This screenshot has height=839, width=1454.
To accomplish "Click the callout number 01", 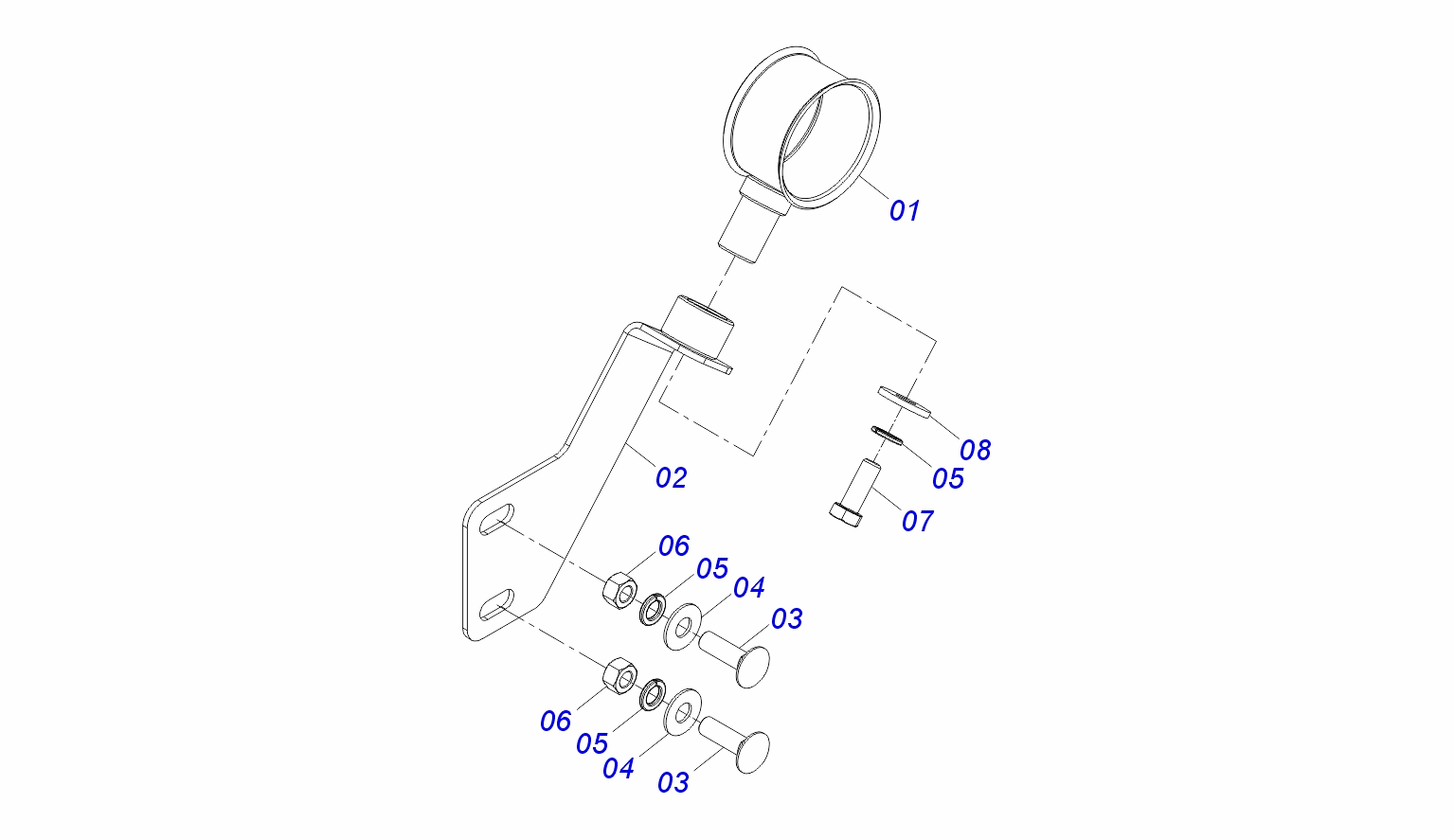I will pos(905,210).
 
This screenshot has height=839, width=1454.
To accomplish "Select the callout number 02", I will pos(671,477).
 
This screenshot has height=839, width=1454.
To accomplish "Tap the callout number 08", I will pos(975,450).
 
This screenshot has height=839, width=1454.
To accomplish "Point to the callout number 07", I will pos(917,521).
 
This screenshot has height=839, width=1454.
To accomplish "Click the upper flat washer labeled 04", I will pos(681,626).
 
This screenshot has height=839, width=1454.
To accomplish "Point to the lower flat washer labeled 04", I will pos(681,712).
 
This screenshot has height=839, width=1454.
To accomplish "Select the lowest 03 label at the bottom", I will pos(673,783).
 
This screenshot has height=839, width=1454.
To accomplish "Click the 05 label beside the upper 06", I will pos(712,568).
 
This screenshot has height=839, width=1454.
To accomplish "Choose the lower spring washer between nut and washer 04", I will pos(651,694).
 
